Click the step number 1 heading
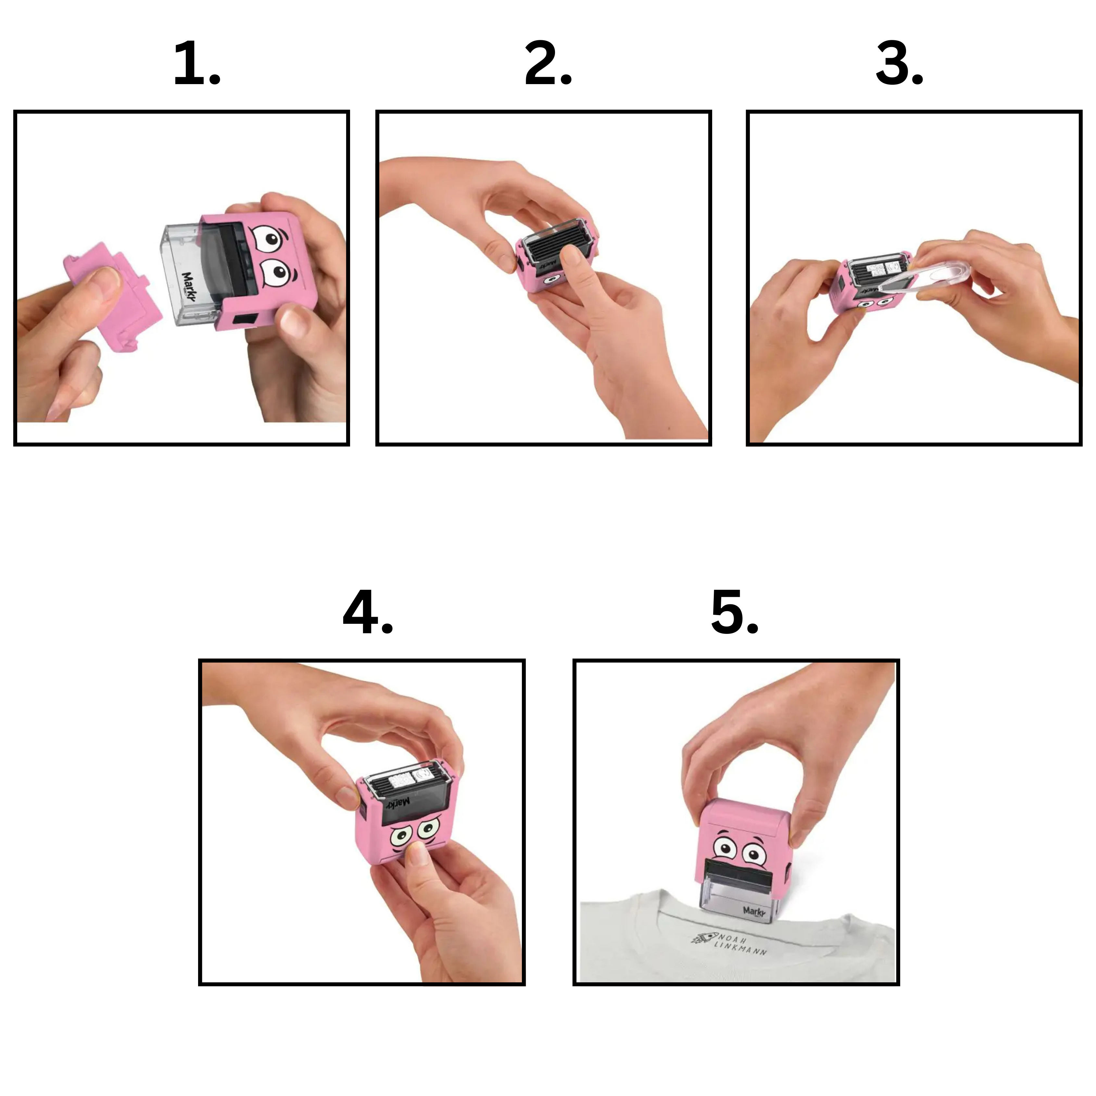tap(196, 64)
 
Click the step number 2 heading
tap(548, 64)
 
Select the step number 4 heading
tap(368, 613)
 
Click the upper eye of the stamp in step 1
tap(268, 239)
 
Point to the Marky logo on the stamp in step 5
tap(754, 911)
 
